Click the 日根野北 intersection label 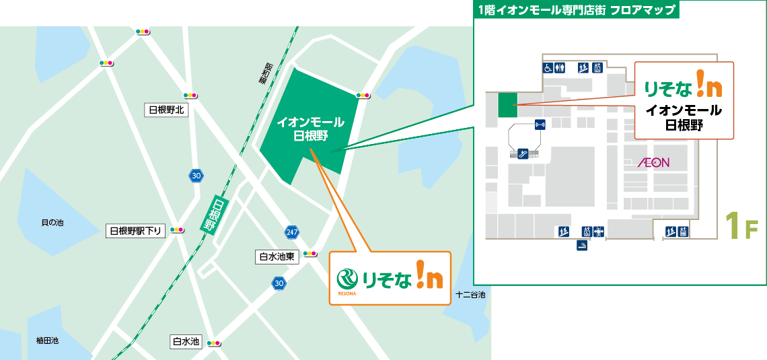coord(166,110)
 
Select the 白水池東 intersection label coord(277,256)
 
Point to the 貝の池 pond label coord(52,222)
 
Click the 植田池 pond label coord(47,340)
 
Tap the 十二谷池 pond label coord(470,295)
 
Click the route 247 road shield coord(291,231)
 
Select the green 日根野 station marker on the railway coord(215,215)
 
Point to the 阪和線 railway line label coord(264,73)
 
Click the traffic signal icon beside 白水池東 coord(310,254)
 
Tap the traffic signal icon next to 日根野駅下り coord(177,229)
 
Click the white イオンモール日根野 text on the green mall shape coord(311,129)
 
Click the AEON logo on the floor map coord(653,163)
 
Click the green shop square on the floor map coord(507,105)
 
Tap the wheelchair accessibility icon coord(548,67)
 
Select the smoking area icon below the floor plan coord(582,246)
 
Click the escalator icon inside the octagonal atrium coord(521,153)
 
